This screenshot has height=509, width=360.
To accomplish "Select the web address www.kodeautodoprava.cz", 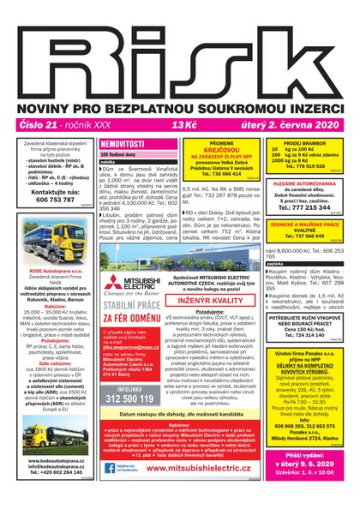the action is [54, 460].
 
